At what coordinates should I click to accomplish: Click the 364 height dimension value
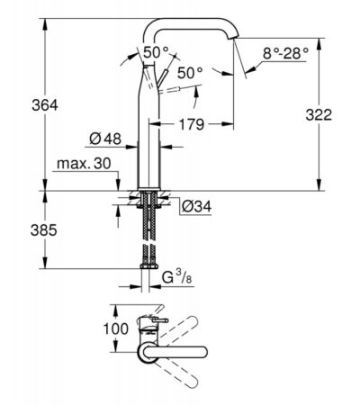[x=45, y=105]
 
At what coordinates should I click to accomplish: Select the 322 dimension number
[x=319, y=114]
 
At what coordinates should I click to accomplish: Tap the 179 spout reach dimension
[x=192, y=124]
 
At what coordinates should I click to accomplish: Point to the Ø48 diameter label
[x=105, y=139]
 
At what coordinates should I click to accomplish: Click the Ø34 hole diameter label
[x=197, y=206]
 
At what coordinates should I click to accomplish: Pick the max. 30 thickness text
[x=84, y=164]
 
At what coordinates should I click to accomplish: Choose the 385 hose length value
[x=44, y=230]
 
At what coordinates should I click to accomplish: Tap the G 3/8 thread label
[x=176, y=277]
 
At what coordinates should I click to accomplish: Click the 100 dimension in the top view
[x=116, y=328]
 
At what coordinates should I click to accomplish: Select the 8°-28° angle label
[x=285, y=54]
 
